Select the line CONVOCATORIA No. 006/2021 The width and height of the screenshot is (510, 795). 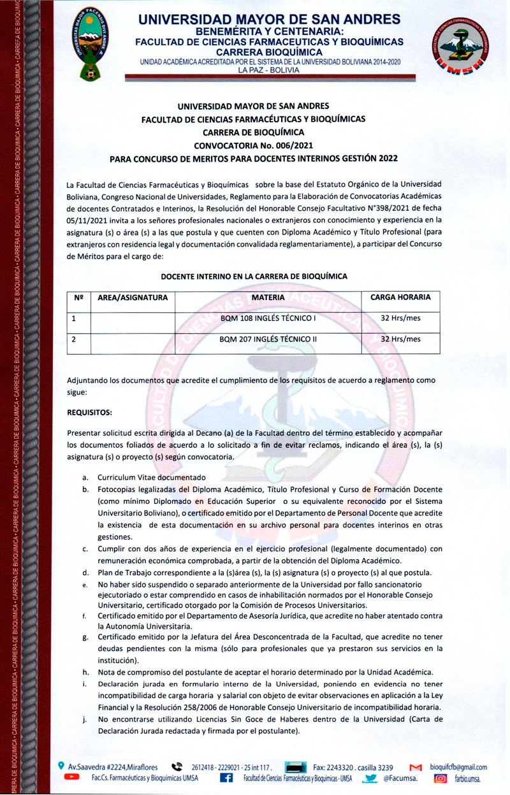click(254, 145)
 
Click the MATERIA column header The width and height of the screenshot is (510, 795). click(268, 297)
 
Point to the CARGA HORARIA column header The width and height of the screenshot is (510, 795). click(400, 297)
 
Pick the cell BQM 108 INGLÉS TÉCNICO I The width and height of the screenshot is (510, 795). click(268, 318)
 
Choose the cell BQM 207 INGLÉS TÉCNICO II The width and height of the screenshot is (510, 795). click(268, 340)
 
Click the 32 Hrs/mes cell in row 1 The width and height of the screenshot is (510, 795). click(400, 318)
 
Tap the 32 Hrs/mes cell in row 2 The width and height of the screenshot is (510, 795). click(400, 340)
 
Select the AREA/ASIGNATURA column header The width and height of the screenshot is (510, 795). click(133, 297)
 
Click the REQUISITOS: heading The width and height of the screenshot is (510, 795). click(89, 412)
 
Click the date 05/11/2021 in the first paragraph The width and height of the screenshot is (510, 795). click(88, 220)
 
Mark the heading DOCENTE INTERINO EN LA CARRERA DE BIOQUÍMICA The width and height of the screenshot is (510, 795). click(254, 276)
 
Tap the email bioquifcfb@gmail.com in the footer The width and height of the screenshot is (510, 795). click(458, 768)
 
